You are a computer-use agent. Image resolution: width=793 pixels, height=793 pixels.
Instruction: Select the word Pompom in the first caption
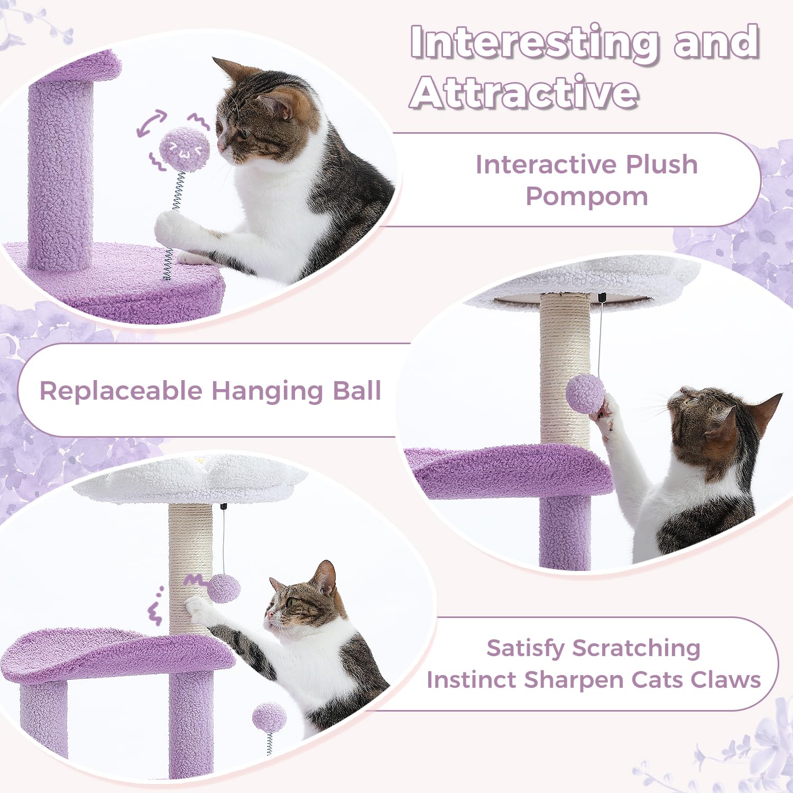[586, 197]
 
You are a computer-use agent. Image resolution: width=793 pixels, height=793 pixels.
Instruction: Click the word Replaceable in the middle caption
[121, 391]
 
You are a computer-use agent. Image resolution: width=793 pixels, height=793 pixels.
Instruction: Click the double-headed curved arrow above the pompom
[151, 123]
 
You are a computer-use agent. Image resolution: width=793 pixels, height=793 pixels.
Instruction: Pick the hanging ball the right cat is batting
[585, 394]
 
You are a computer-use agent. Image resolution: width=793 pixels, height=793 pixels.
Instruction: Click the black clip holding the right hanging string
[602, 298]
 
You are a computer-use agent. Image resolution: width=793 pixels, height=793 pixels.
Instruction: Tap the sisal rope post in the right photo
[565, 370]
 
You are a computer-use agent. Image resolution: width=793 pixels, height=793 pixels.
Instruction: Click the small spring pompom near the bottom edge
[269, 718]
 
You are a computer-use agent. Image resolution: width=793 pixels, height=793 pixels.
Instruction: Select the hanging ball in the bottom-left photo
[224, 588]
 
